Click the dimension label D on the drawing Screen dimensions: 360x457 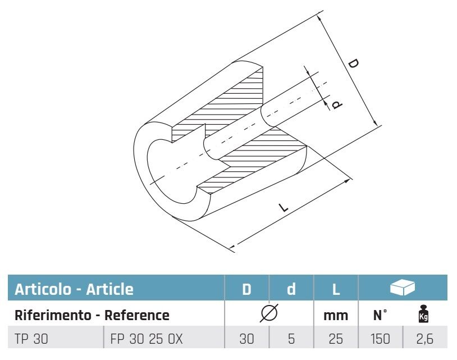353,63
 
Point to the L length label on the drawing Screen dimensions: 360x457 284,208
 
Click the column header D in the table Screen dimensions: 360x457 246,289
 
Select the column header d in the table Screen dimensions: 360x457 291,289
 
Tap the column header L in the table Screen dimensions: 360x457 335,289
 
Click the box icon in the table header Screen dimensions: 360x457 402,288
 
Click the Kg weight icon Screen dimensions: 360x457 424,315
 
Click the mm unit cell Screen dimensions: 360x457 336,316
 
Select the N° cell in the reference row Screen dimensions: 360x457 380,315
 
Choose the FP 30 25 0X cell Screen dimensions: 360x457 145,339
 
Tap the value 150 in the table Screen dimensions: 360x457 380,339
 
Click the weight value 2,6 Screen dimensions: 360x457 424,339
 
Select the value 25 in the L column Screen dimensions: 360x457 335,339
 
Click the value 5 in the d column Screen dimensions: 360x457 291,339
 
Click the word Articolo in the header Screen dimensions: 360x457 43,289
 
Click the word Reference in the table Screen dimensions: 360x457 138,315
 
